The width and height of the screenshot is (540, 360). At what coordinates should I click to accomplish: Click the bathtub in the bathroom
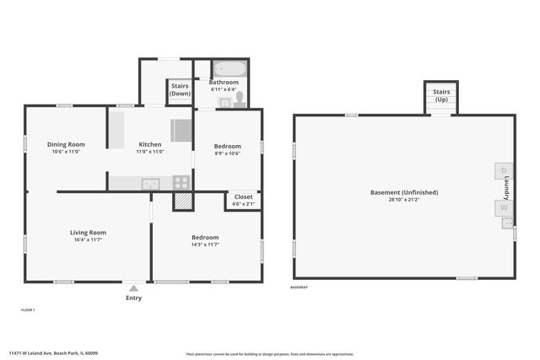pyautogui.click(x=229, y=68)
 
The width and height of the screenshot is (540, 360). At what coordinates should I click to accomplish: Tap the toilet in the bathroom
pyautogui.click(x=240, y=99)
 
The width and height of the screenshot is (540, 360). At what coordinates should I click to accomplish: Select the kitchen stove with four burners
pyautogui.click(x=181, y=181)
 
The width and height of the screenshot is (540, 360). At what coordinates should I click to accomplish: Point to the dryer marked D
pyautogui.click(x=504, y=171)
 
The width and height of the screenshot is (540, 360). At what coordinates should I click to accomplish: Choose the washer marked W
pyautogui.click(x=504, y=207)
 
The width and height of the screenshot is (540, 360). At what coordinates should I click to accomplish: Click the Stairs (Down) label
pyautogui.click(x=180, y=89)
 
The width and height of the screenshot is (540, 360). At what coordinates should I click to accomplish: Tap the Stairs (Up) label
pyautogui.click(x=441, y=95)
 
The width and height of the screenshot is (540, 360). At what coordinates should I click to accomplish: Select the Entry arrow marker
pyautogui.click(x=133, y=287)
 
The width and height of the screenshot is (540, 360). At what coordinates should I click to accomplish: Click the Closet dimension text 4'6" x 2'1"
pyautogui.click(x=243, y=204)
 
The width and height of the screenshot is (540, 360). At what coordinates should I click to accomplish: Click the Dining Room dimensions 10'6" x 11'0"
pyautogui.click(x=65, y=152)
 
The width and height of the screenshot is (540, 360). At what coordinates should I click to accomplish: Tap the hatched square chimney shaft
pyautogui.click(x=183, y=201)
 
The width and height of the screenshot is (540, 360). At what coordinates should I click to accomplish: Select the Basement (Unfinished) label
pyautogui.click(x=403, y=192)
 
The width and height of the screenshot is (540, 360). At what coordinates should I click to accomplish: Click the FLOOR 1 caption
pyautogui.click(x=28, y=310)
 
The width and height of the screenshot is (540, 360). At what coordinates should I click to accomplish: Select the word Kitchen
pyautogui.click(x=150, y=144)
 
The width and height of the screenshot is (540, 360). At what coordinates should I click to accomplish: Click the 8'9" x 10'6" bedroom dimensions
pyautogui.click(x=227, y=153)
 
